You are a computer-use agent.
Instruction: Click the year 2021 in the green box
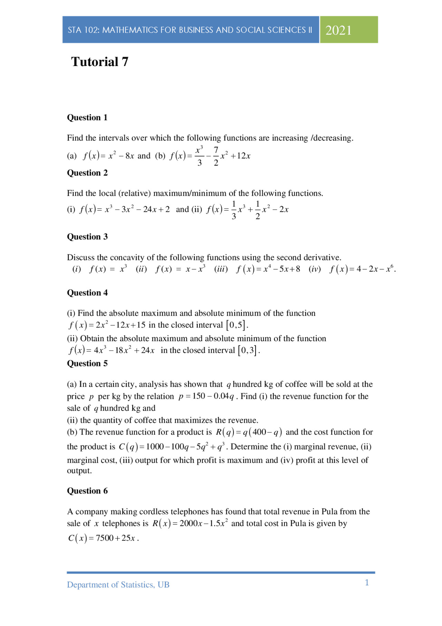(x=338, y=30)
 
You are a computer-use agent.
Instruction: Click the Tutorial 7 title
(x=99, y=62)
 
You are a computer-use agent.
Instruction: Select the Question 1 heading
(x=87, y=118)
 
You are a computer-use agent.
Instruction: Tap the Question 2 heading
(x=87, y=173)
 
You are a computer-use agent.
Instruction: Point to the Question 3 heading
(x=87, y=237)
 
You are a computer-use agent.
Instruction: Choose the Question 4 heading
(x=87, y=293)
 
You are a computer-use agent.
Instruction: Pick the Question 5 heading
(x=87, y=364)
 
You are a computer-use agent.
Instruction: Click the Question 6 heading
(x=87, y=491)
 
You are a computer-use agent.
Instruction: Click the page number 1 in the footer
(x=367, y=583)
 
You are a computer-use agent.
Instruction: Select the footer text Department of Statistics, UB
(x=118, y=585)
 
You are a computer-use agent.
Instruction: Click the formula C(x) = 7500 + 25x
(x=103, y=538)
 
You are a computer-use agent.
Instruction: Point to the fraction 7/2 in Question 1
(x=216, y=156)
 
